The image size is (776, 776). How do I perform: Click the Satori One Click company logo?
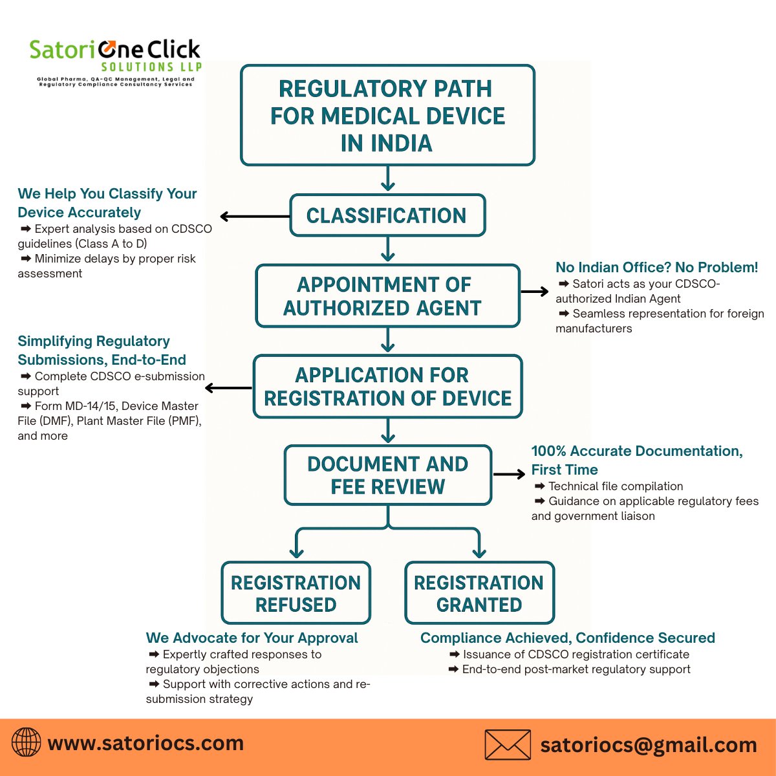[115, 62]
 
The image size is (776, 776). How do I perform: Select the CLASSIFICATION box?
[387, 215]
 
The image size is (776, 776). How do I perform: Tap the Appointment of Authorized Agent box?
[387, 296]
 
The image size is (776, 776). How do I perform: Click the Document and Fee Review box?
[387, 475]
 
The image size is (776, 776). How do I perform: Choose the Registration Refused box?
[296, 593]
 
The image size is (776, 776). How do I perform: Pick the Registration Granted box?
[479, 593]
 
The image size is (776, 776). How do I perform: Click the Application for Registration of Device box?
[387, 387]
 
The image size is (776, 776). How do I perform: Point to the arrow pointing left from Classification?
[254, 217]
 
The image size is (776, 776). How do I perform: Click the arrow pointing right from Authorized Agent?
[534, 292]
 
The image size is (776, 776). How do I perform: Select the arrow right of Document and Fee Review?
[509, 475]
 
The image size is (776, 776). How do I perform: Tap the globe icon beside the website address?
[27, 742]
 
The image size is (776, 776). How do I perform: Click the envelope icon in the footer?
[508, 745]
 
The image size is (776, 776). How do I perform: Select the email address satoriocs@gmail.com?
[649, 745]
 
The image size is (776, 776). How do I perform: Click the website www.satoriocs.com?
[145, 743]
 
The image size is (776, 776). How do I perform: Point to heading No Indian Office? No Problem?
[656, 267]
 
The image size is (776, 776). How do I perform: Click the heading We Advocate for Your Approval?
[252, 638]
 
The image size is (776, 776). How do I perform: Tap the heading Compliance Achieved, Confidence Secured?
[567, 638]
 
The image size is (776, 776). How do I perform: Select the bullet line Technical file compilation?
[615, 486]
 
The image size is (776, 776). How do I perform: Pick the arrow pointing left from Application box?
[228, 388]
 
